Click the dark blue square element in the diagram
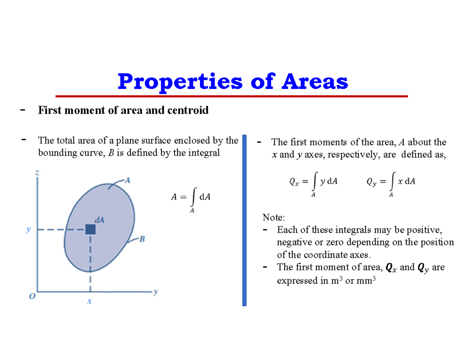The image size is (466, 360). [90, 230]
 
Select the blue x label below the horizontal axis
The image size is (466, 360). [89, 301]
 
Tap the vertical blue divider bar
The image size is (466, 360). [244, 220]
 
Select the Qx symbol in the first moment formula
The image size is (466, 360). [294, 181]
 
